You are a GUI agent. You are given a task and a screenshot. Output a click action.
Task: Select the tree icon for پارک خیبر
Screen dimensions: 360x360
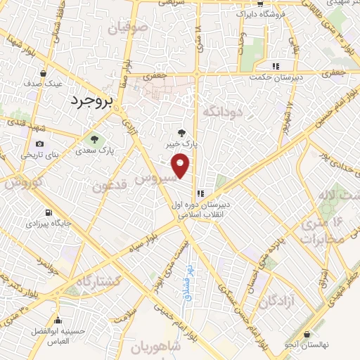coord(181,131)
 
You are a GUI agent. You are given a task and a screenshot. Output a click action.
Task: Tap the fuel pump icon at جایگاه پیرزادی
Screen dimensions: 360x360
coord(47,212)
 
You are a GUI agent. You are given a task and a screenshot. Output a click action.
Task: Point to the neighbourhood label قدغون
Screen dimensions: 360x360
coord(111,186)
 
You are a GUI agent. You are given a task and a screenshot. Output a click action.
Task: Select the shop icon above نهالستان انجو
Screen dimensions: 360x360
coord(307,335)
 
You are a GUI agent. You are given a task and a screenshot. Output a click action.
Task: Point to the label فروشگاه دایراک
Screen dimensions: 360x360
coord(261,14)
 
